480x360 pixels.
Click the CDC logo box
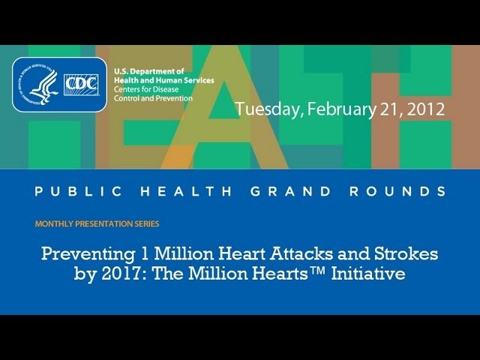coord(82,85)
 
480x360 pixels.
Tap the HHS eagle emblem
coord(37,85)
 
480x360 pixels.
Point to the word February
coord(341,109)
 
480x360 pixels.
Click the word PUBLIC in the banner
coord(78,191)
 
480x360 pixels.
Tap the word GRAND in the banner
coord(291,191)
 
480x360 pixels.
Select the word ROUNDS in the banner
coord(398,191)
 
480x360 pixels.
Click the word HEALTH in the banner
coord(186,191)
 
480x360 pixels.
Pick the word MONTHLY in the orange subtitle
coord(54,223)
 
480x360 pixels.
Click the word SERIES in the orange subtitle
coord(147,223)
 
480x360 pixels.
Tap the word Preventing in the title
coord(88,254)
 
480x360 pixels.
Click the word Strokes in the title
coord(406,253)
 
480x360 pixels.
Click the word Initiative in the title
coord(368,273)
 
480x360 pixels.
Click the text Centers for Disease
coord(146,89)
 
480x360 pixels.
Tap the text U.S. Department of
coord(149,72)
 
